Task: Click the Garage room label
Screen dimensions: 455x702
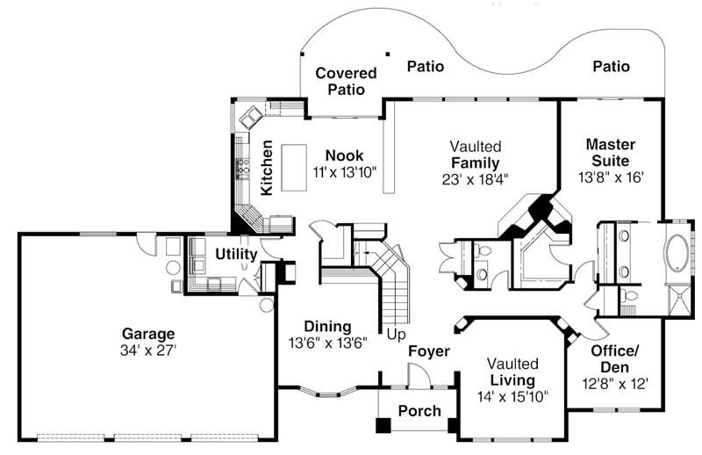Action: [x=148, y=334]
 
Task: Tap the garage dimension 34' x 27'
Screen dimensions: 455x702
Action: [x=148, y=350]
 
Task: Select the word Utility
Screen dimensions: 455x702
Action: [x=237, y=255]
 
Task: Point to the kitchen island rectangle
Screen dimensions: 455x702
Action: [x=290, y=170]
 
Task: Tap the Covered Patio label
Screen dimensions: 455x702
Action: [x=346, y=81]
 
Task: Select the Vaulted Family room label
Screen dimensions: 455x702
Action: [x=476, y=155]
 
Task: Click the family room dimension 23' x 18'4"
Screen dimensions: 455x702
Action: [x=476, y=178]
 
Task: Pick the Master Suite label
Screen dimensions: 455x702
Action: [x=611, y=151]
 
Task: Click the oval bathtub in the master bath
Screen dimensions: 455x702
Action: [x=677, y=256]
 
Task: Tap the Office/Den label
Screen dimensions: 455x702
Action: [x=614, y=358]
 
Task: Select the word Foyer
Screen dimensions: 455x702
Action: [x=429, y=351]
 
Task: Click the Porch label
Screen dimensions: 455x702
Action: [x=419, y=411]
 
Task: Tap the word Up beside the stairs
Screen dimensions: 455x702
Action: [x=398, y=335]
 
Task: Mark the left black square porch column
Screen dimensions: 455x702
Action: [x=383, y=425]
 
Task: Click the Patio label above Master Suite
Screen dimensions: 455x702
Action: [x=611, y=66]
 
